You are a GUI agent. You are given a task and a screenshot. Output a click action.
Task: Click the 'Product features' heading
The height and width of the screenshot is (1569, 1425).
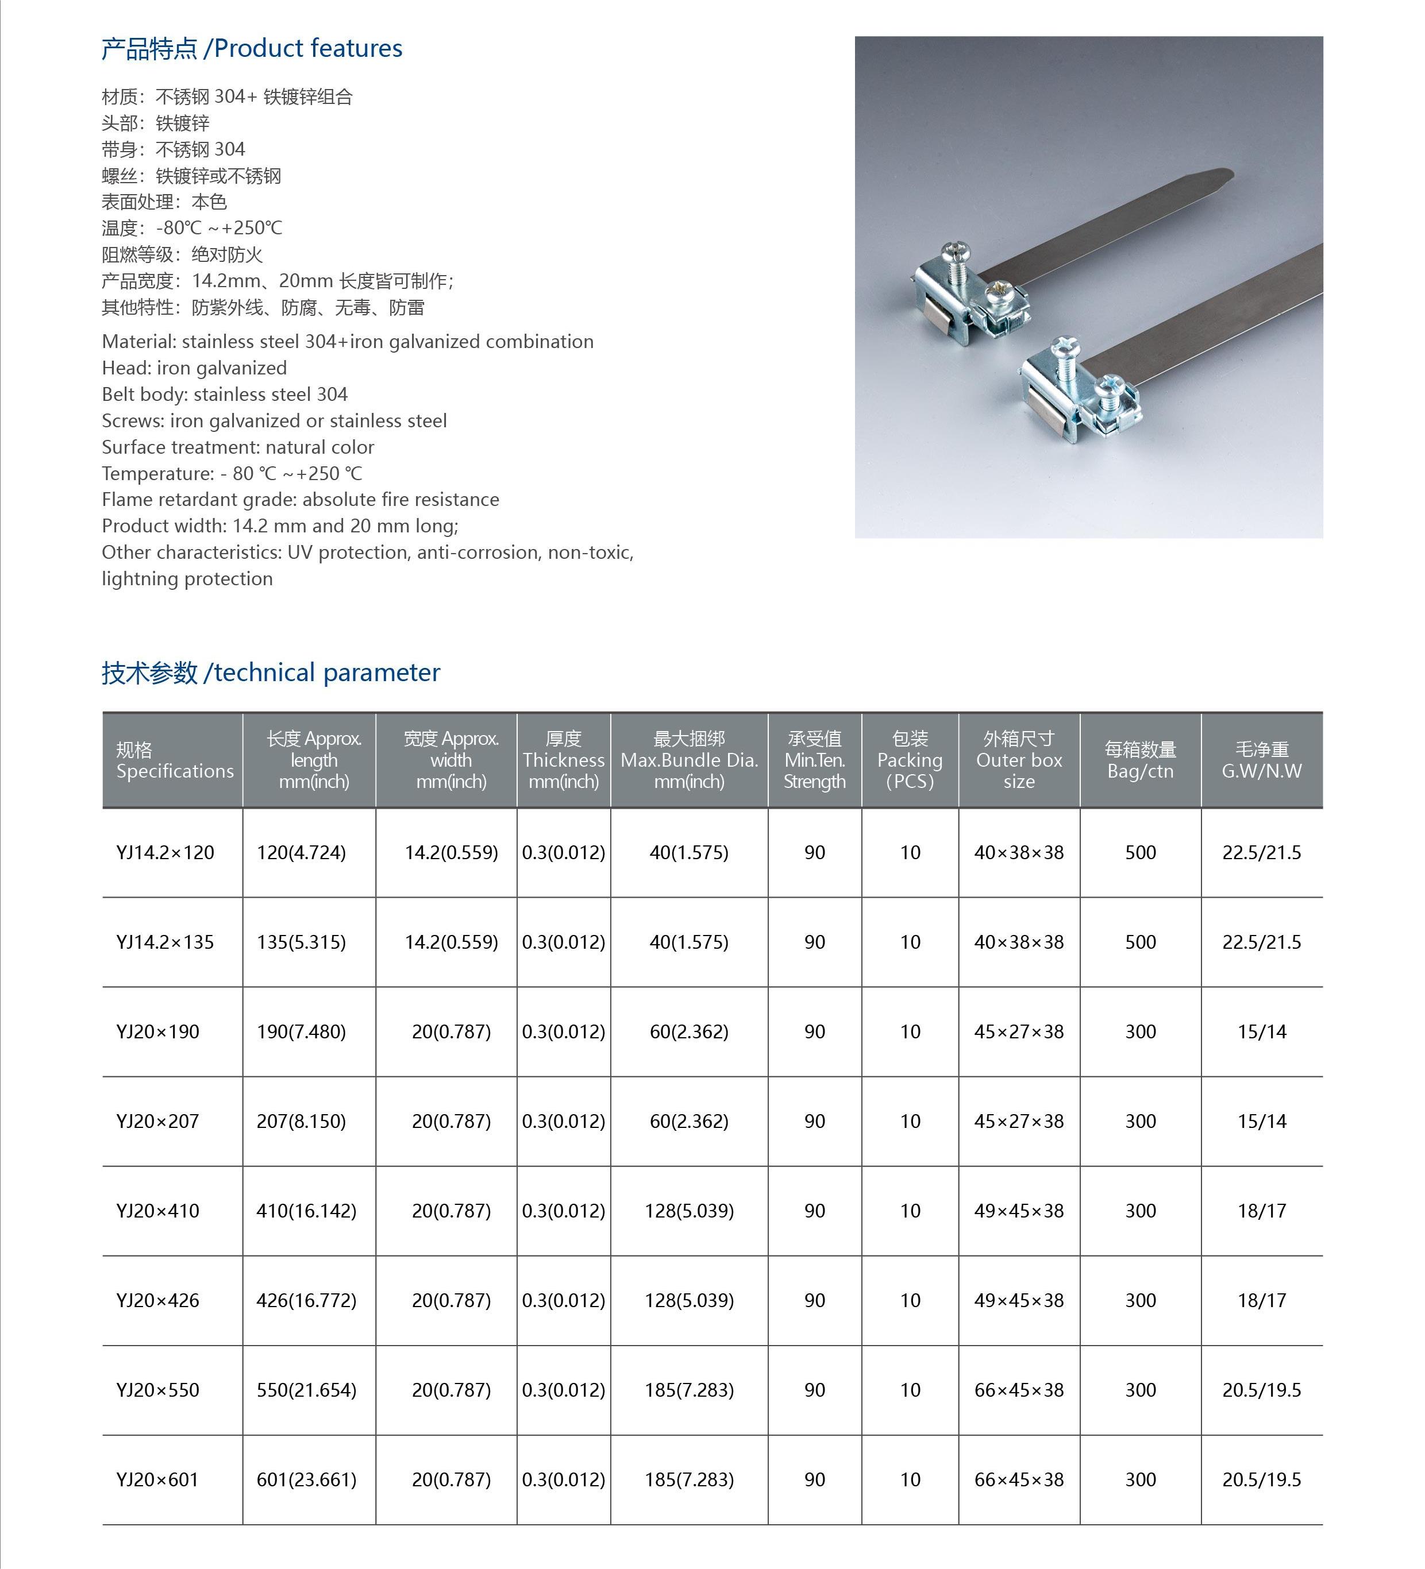[x=252, y=48]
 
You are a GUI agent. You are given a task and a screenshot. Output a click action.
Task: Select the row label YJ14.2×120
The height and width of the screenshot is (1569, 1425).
[x=165, y=852]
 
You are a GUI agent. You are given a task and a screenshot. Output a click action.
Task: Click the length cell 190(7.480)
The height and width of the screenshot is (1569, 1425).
[x=301, y=1031]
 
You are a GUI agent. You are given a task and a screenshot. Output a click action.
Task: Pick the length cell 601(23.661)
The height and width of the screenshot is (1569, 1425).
[x=306, y=1479]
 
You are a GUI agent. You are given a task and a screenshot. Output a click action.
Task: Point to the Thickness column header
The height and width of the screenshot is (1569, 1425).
[x=563, y=760]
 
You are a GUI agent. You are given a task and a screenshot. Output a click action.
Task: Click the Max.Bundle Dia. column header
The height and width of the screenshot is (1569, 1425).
[x=689, y=760]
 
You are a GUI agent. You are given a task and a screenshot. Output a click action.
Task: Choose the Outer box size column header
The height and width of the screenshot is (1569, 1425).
[x=1019, y=760]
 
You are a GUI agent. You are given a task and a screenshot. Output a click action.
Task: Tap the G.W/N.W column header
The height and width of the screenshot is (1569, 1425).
[x=1261, y=760]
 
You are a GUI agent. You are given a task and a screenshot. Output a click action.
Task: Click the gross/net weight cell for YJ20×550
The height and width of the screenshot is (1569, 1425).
[x=1261, y=1390]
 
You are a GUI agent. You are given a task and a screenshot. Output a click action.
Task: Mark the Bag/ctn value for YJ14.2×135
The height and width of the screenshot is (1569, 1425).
[x=1140, y=942]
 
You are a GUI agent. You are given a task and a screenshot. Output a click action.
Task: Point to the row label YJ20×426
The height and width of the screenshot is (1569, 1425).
[x=158, y=1300]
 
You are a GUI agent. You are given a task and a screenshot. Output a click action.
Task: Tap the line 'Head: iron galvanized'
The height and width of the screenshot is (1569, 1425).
[x=194, y=368]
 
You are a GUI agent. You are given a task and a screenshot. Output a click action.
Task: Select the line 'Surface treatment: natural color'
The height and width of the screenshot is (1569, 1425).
[x=237, y=447]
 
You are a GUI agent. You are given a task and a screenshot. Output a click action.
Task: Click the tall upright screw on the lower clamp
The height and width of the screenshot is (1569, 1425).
[x=1062, y=354]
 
